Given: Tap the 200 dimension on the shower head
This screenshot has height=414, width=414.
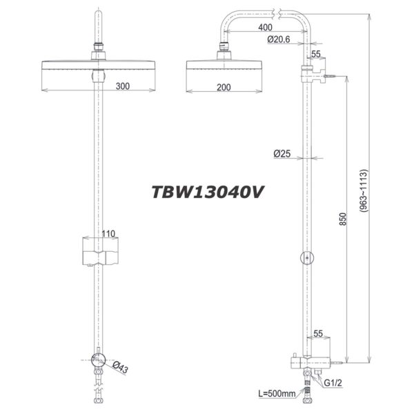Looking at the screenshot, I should [222, 86].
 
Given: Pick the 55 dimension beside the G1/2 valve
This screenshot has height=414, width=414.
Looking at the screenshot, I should [318, 333].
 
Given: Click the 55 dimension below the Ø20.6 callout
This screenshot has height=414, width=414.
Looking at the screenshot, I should [317, 54].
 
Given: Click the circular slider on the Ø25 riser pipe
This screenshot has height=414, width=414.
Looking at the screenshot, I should [306, 258].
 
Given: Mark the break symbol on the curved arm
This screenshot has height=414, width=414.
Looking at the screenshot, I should [276, 12].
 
